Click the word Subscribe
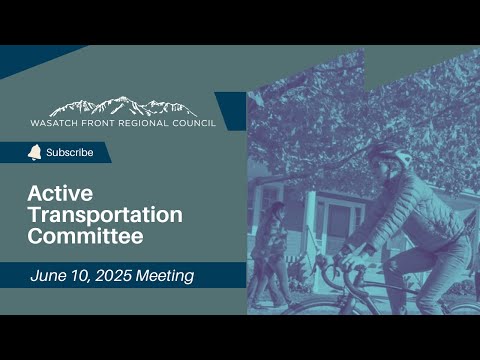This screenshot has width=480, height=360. [70, 152]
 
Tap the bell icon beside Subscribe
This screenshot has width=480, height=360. [34, 153]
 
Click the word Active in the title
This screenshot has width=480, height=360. [60, 193]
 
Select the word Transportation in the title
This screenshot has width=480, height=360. [105, 215]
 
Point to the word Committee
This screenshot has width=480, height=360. [86, 236]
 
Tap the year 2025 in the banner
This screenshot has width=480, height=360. [113, 276]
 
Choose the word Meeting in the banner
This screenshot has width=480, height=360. [165, 276]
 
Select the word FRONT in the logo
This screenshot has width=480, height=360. [98, 123]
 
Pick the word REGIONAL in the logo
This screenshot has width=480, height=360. [144, 123]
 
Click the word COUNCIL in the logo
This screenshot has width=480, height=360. [194, 123]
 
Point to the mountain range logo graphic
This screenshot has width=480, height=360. [123, 106]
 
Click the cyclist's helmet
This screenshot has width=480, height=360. [389, 155]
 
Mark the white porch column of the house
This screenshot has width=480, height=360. [311, 220]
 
